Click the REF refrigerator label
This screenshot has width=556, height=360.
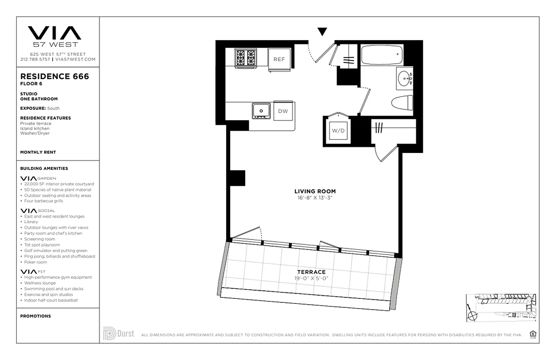(279, 59)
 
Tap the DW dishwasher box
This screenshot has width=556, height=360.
(283, 111)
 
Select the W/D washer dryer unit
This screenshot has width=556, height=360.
(338, 130)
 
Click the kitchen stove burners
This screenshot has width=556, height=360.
(246, 58)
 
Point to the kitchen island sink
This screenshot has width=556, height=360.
(261, 110)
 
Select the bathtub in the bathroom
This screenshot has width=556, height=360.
(380, 55)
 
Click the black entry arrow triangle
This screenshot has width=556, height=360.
(322, 31)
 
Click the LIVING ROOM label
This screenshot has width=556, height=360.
(315, 191)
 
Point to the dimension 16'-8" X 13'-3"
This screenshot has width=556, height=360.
(315, 198)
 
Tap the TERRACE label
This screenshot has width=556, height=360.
(311, 272)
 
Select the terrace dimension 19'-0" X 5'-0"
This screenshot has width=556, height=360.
(311, 278)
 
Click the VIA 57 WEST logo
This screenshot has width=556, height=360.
(54, 36)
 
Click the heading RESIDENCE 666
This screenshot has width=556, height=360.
(54, 76)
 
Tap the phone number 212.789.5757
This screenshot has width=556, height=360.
(35, 59)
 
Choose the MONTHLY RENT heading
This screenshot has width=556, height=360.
(38, 152)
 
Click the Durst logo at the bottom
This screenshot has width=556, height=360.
(118, 333)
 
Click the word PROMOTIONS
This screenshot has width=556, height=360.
(36, 316)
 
